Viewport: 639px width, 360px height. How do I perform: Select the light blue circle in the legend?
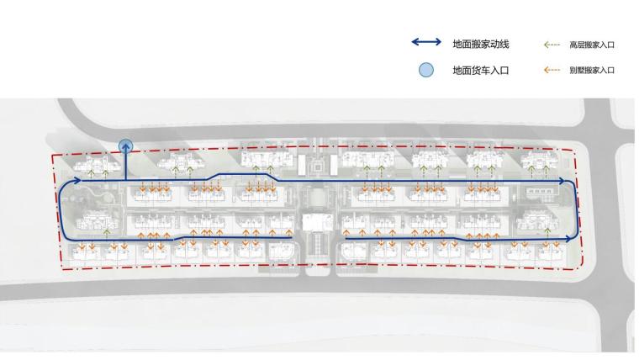(x=427, y=71)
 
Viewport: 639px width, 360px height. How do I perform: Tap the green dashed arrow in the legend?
(x=552, y=44)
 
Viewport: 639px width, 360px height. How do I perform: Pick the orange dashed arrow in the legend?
(x=552, y=71)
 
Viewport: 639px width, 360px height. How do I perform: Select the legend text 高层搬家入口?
(x=592, y=44)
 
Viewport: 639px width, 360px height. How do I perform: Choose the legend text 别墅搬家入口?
(x=592, y=71)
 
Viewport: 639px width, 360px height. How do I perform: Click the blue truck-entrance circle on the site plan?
(x=126, y=147)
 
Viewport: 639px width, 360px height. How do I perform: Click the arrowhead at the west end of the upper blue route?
(x=77, y=180)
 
